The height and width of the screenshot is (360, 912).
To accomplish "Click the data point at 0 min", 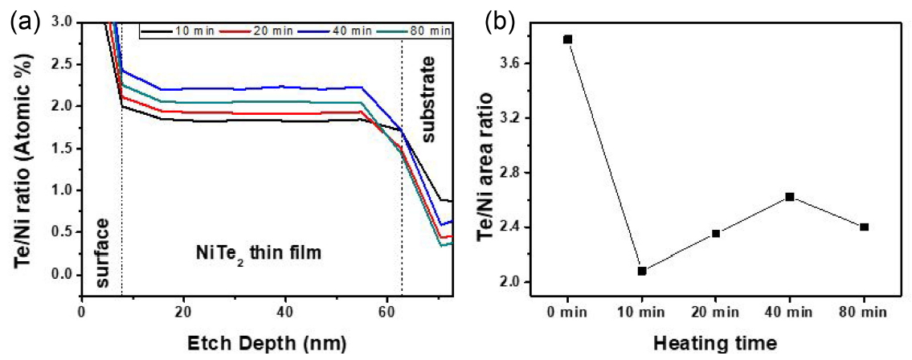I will click(568, 39).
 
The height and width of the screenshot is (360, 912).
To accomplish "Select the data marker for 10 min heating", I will click(642, 271).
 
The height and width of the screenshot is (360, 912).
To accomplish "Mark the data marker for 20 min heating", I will click(716, 234).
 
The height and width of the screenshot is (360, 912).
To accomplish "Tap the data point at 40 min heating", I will click(790, 196).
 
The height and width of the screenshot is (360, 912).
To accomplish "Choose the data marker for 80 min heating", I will click(864, 227).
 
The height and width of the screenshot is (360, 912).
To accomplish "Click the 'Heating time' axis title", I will click(715, 344).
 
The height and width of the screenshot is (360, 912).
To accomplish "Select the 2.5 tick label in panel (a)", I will click(59, 63).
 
